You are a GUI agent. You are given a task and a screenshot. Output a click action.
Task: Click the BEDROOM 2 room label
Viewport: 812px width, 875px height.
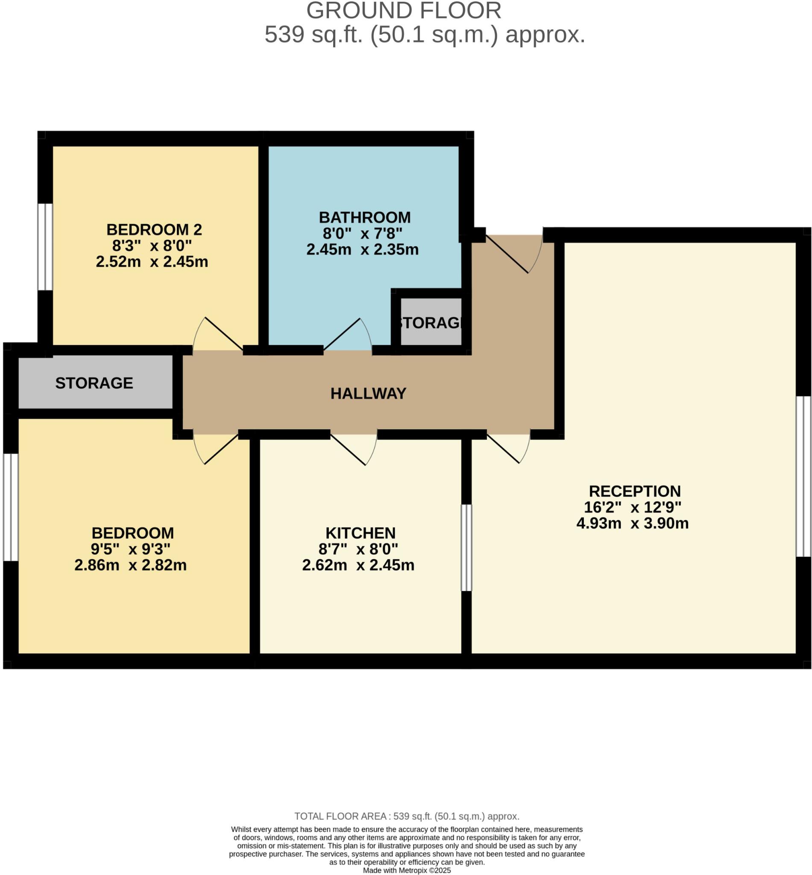click(x=154, y=229)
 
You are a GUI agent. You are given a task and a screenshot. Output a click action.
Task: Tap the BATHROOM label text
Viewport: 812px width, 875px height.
click(x=364, y=217)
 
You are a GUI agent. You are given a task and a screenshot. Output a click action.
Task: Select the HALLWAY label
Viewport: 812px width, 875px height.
click(x=368, y=393)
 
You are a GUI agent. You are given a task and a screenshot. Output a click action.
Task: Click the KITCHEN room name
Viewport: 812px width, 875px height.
click(x=361, y=533)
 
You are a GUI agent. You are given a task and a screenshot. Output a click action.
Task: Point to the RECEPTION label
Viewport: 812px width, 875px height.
click(x=634, y=491)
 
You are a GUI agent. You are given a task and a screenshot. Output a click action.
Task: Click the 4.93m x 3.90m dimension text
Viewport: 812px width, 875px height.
click(x=632, y=523)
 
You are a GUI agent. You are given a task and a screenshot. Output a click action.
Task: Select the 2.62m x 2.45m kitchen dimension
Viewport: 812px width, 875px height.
click(x=358, y=565)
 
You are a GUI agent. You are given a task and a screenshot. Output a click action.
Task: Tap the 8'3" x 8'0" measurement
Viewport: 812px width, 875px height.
click(x=152, y=245)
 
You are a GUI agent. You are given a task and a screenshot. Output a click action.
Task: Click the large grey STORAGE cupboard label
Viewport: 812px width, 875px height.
click(x=94, y=383)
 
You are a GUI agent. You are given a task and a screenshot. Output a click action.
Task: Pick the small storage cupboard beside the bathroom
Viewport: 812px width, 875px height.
click(x=431, y=323)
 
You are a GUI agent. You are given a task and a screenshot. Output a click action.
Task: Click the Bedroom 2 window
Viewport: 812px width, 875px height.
click(x=45, y=247)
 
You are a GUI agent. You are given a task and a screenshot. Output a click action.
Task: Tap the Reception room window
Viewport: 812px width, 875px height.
click(x=803, y=476)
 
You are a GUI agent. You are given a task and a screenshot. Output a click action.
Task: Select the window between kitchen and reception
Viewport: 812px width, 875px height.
click(x=466, y=548)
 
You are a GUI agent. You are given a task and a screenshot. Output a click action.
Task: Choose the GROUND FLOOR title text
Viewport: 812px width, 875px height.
click(x=403, y=11)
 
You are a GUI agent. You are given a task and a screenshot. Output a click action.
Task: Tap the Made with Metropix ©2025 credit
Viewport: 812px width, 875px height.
click(x=407, y=870)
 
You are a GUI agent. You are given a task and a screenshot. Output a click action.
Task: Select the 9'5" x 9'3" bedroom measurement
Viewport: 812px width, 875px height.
click(x=131, y=549)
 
